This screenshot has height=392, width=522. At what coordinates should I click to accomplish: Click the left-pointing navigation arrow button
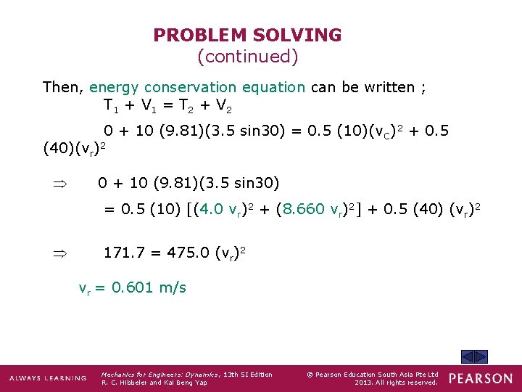coord(468,356)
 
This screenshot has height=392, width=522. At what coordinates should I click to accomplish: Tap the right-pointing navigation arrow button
coord(481,356)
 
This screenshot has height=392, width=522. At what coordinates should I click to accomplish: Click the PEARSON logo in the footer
coord(480,378)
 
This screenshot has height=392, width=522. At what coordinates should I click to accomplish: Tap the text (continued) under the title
coord(247,55)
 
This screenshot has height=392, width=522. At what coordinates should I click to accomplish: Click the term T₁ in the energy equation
coord(110,107)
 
